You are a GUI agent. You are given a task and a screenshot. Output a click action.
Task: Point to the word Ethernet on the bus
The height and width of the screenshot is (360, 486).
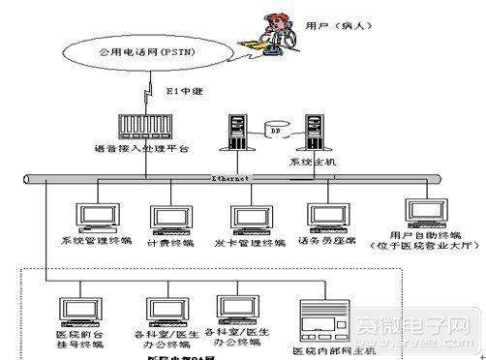point(230,179)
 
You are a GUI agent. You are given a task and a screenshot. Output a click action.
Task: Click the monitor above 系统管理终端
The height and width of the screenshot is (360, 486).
point(95,218)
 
